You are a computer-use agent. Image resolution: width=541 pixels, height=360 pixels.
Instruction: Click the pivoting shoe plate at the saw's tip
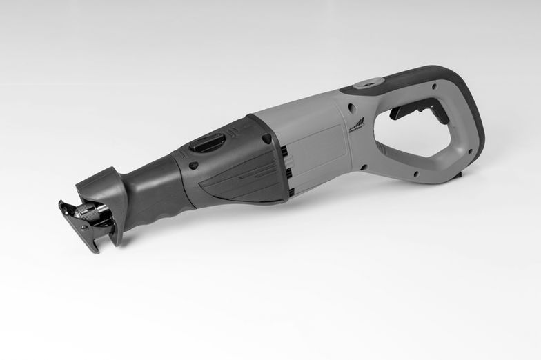click(77, 225)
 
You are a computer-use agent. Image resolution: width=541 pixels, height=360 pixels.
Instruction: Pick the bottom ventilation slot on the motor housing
click(290, 191)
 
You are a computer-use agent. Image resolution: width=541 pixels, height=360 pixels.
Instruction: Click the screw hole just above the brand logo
click(352, 108)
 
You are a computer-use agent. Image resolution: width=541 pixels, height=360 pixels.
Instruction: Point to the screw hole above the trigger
click(433, 87)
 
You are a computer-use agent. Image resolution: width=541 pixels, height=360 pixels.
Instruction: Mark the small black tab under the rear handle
click(458, 177)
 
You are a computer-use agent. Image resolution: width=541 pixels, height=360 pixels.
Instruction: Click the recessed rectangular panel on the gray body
click(318, 149)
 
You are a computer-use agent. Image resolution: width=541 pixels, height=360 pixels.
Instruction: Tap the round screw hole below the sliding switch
click(194, 166)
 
